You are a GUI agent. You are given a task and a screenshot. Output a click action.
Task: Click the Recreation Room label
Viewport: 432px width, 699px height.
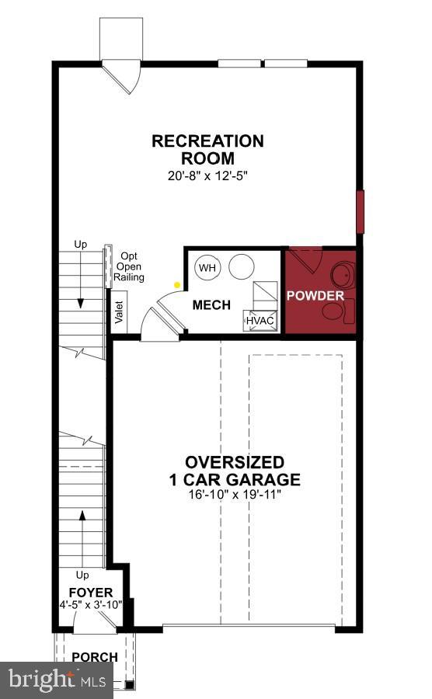[x=207, y=149]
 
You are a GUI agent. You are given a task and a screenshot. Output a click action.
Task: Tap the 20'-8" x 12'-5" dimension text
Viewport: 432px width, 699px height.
[x=207, y=176]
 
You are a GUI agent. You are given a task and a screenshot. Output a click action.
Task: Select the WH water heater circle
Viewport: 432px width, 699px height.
[x=207, y=268]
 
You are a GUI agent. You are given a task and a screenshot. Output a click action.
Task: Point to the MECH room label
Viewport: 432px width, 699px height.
[x=211, y=305]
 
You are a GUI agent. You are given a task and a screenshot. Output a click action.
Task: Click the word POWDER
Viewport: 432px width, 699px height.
[x=315, y=296]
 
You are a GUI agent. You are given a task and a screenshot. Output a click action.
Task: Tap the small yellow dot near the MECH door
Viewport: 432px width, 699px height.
[x=177, y=284]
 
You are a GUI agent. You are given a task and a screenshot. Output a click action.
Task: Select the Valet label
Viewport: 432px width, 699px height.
[x=119, y=311]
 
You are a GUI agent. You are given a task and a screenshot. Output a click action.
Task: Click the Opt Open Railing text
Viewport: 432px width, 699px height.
[x=129, y=266]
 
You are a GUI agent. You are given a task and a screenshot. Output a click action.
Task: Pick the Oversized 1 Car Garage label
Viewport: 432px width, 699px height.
[x=235, y=471]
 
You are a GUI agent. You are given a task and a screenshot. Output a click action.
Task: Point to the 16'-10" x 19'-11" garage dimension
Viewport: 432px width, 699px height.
[x=235, y=494]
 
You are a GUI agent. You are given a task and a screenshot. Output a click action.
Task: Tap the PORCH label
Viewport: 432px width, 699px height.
[x=95, y=657]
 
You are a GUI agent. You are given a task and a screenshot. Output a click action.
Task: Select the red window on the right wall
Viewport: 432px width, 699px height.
[x=360, y=211]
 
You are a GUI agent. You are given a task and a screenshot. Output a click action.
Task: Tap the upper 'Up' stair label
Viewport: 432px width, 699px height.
[x=80, y=245]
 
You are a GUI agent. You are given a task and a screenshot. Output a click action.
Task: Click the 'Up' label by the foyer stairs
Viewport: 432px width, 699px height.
[x=82, y=575]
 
